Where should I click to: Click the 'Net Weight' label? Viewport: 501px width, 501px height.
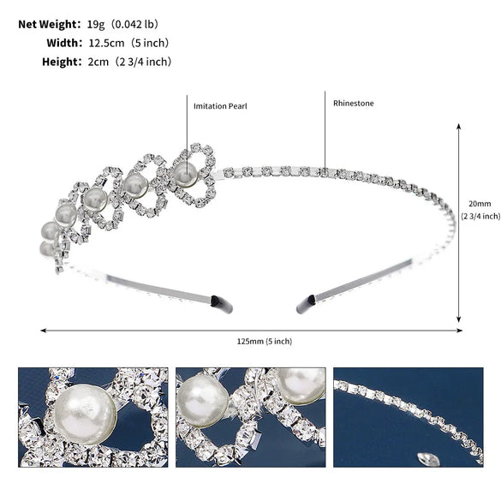(48, 24)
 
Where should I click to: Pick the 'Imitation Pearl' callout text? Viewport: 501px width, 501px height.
(219, 105)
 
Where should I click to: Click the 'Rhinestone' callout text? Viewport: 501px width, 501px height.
(354, 103)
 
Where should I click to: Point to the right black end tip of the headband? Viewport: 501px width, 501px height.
(306, 304)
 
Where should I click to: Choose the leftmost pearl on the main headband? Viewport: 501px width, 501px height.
(50, 230)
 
